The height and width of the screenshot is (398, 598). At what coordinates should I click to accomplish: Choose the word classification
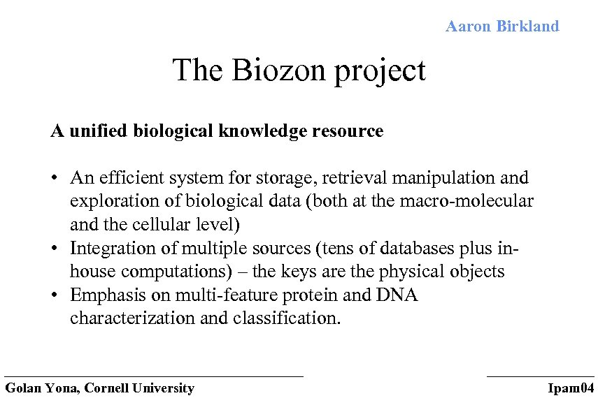[x=285, y=318]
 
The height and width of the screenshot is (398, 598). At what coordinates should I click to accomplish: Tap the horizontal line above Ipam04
[x=540, y=376]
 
